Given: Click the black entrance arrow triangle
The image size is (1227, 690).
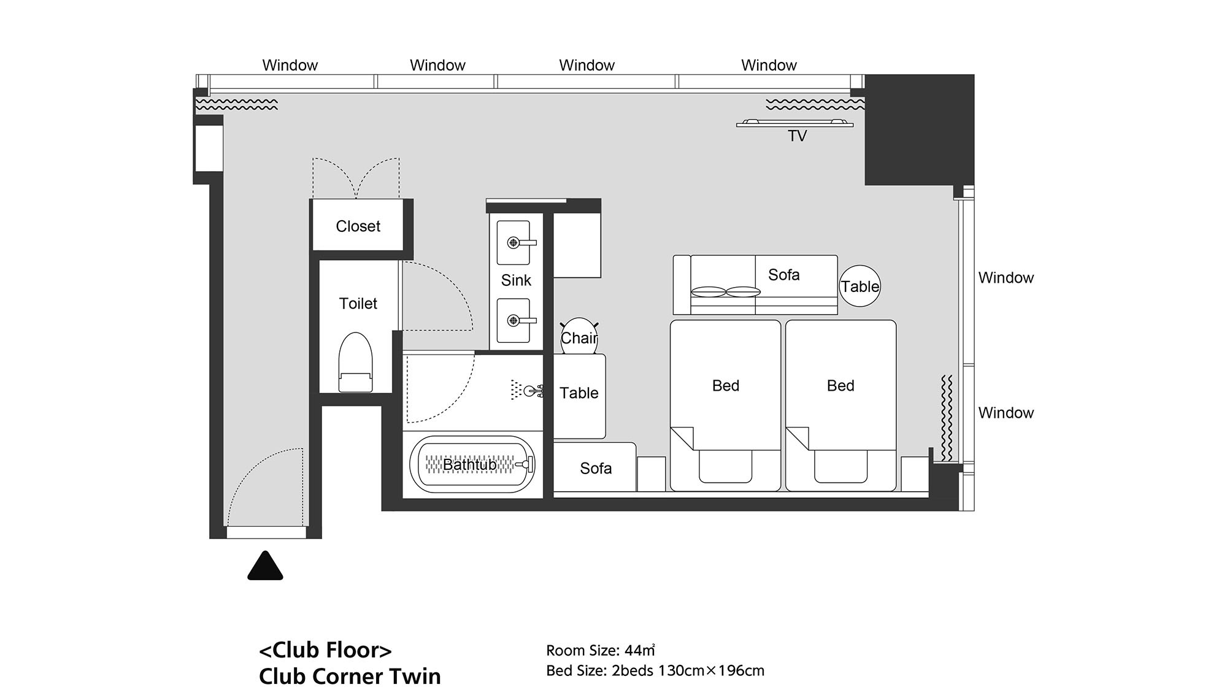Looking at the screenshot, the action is pyautogui.click(x=265, y=565).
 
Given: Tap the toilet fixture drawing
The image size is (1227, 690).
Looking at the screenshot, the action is pyautogui.click(x=356, y=362).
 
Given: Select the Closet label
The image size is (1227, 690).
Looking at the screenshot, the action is pyautogui.click(x=358, y=226).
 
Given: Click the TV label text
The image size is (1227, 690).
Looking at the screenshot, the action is pyautogui.click(x=797, y=136).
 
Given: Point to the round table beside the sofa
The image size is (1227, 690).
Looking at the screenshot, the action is pyautogui.click(x=860, y=286).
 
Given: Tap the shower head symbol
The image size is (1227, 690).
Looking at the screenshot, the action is pyautogui.click(x=526, y=389).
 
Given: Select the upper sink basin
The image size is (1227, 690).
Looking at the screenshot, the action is pyautogui.click(x=513, y=243).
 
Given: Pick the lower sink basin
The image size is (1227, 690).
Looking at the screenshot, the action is pyautogui.click(x=513, y=320).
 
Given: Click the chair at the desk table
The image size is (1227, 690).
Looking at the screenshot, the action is pyautogui.click(x=579, y=337).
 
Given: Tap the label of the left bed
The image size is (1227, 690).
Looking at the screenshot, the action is pyautogui.click(x=726, y=386).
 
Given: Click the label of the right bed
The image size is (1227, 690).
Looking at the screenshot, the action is pyautogui.click(x=840, y=386).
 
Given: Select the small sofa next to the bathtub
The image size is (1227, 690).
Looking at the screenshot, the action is pyautogui.click(x=594, y=467).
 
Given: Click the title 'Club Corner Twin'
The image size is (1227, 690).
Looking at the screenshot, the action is pyautogui.click(x=350, y=676).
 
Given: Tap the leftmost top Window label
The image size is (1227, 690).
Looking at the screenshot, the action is pyautogui.click(x=290, y=65).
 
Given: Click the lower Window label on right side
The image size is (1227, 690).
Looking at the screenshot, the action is pyautogui.click(x=1006, y=413).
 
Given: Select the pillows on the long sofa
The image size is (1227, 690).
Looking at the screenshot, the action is pyautogui.click(x=726, y=292).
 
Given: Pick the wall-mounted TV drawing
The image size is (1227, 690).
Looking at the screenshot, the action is pyautogui.click(x=794, y=124).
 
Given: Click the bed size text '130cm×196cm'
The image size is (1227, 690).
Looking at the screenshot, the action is pyautogui.click(x=711, y=671).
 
